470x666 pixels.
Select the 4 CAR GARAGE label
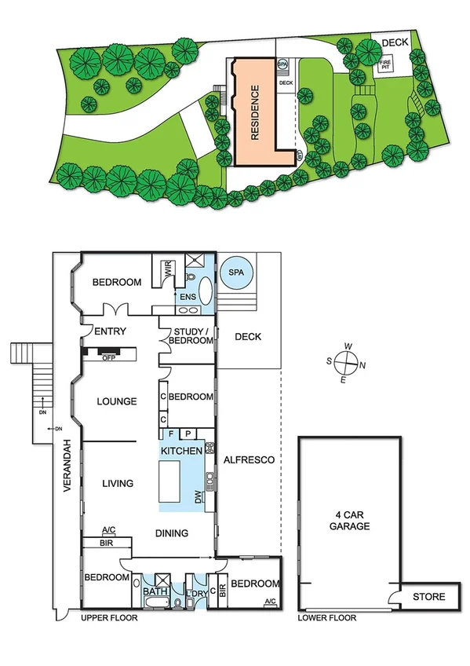tap(349, 521)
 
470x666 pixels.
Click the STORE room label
tap(429, 597)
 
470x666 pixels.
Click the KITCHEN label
tap(181, 452)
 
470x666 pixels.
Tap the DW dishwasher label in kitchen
tap(199, 496)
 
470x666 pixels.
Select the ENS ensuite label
tap(188, 298)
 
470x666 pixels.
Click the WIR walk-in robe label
tap(166, 270)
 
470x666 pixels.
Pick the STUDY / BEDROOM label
tap(190, 335)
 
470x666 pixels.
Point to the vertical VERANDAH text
tap(67, 463)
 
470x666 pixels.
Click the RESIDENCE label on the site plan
tap(254, 112)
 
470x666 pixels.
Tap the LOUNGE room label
tap(117, 401)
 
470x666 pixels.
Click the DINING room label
tap(172, 533)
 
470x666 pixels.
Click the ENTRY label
tap(109, 331)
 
